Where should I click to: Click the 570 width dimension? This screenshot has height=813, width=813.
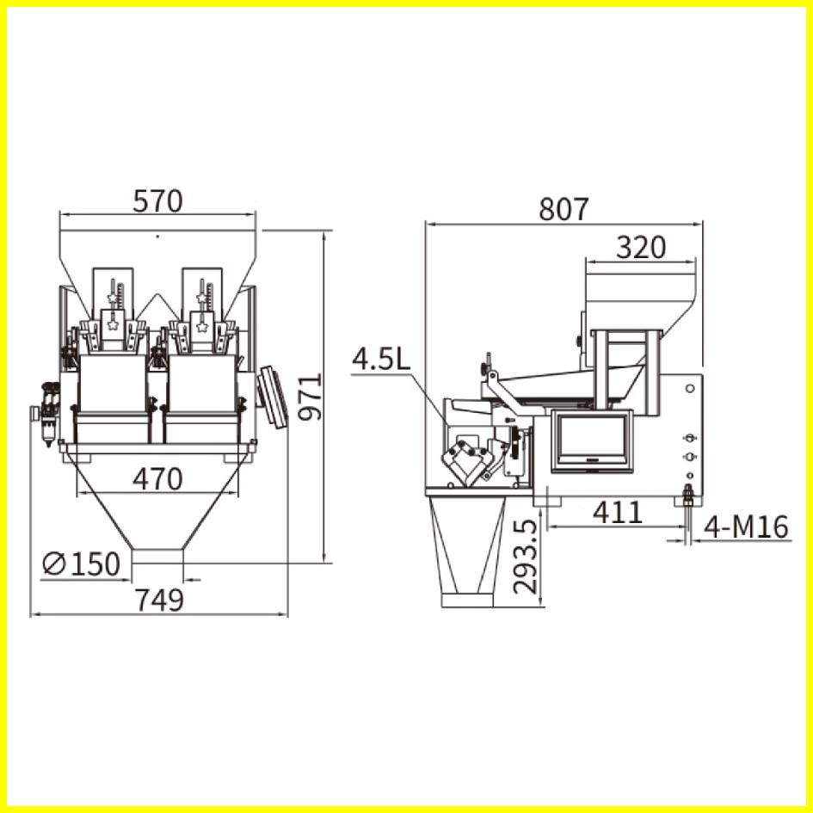point(157,201)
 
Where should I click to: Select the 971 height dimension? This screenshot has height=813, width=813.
point(310,397)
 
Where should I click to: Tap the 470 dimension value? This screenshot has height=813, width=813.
point(157,479)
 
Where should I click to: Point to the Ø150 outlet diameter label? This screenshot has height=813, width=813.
point(81,564)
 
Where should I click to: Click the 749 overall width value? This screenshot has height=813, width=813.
point(159,601)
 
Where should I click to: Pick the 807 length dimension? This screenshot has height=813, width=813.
point(564,209)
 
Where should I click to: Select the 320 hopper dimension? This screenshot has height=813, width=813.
point(641,248)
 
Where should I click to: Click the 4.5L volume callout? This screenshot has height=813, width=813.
point(381,360)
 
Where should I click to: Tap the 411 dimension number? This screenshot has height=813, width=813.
point(618,513)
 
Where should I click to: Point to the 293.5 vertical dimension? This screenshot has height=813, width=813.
point(524,557)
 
